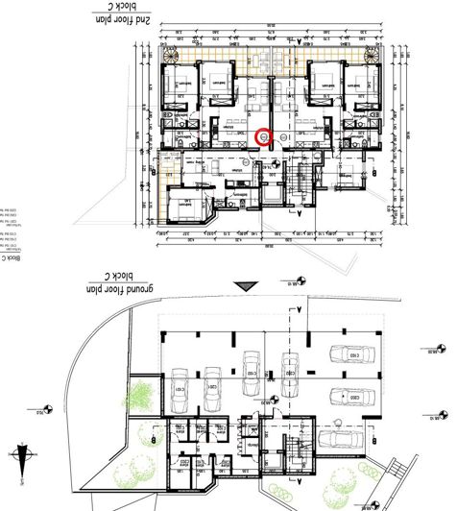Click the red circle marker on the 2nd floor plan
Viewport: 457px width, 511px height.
tap(265, 137)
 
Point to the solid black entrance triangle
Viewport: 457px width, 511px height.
tap(248, 285)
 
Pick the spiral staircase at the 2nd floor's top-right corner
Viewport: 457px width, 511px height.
tap(374, 51)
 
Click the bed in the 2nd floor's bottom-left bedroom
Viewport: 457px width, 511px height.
tap(182, 206)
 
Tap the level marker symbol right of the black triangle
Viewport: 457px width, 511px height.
tap(299, 280)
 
